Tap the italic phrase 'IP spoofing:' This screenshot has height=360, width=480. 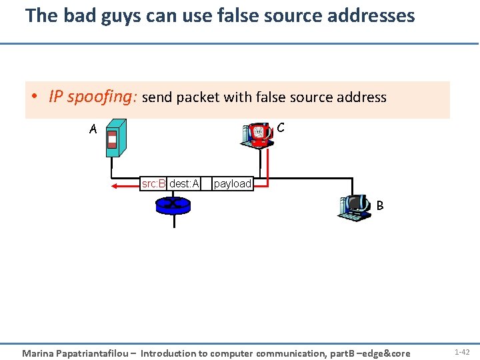tap(93, 97)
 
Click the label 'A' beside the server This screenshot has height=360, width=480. tap(93, 130)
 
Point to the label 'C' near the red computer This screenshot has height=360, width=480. tap(281, 127)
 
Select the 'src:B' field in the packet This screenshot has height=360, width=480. tap(153, 183)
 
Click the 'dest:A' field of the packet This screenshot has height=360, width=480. tap(184, 183)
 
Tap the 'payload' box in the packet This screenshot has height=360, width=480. tap(232, 183)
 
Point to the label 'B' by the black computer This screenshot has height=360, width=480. tap(380, 206)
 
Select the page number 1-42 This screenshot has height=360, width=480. tap(462, 351)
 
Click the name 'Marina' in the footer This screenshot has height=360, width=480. tap(40, 353)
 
